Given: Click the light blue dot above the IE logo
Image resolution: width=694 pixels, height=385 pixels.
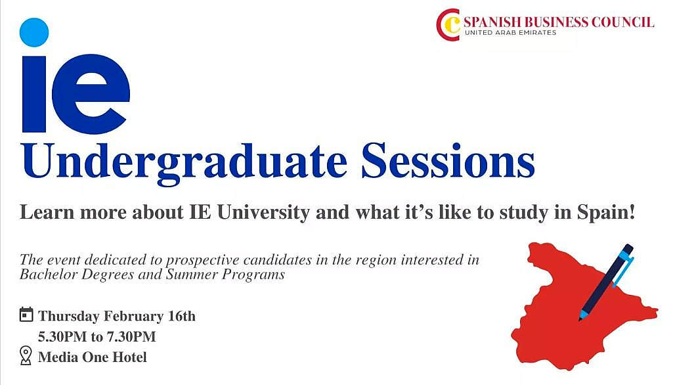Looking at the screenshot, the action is click(x=34, y=32).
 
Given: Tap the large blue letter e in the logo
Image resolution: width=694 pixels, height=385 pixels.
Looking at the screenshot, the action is click(x=91, y=93).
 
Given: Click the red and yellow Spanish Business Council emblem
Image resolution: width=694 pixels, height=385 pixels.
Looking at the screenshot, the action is click(x=448, y=25).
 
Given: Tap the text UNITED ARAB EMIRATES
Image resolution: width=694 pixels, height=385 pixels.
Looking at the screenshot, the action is click(x=510, y=33).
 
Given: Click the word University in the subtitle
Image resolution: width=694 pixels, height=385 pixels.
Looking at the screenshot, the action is click(x=263, y=213).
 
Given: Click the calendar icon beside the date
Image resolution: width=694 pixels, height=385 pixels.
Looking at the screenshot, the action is click(x=26, y=315).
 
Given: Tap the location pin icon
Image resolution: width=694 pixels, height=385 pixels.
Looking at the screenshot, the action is click(x=26, y=355).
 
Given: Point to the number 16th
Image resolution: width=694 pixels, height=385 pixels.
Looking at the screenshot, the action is click(x=182, y=316).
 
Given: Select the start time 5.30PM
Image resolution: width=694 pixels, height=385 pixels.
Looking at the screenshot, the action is click(x=62, y=336).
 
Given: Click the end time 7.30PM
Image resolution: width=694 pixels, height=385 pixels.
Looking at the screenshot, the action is click(x=132, y=336).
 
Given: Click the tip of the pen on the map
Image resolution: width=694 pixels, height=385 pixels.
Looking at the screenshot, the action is click(x=580, y=319).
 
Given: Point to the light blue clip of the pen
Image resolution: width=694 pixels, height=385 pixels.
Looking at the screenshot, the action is click(x=625, y=267).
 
